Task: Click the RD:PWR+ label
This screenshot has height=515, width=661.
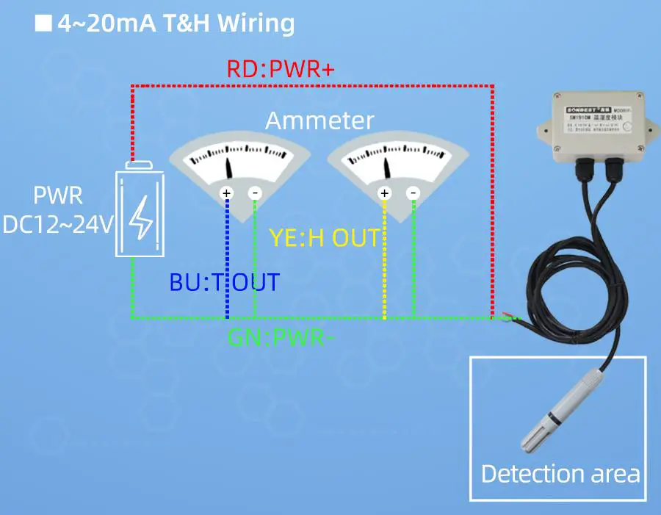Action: pos(281,70)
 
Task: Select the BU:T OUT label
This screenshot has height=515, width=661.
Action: pos(225,282)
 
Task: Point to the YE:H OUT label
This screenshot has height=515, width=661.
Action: pos(325,238)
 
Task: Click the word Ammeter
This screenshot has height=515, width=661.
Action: pos(319,120)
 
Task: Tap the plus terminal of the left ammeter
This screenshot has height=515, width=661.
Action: pos(227,193)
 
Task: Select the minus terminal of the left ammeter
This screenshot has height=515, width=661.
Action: pos(255,193)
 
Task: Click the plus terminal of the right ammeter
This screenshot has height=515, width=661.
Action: pos(384,193)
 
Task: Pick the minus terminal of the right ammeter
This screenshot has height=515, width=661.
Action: pos(413,193)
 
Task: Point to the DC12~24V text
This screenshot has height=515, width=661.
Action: pos(59,224)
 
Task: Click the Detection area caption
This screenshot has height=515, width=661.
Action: pos(560,474)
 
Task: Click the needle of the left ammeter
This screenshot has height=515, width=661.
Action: pos(229,168)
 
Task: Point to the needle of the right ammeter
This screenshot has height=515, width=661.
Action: pos(387,166)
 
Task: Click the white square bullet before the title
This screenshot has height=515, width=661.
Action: pos(44,24)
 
